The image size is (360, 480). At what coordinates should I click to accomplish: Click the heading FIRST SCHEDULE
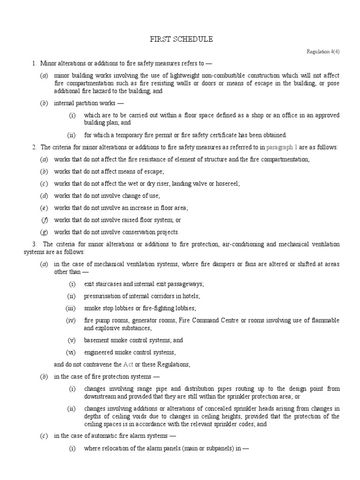point(180,39)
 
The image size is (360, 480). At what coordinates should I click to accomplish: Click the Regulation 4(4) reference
point(323,52)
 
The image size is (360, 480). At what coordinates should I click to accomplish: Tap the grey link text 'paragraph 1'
point(282,148)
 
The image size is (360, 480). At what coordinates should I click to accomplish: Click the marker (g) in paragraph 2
point(44,232)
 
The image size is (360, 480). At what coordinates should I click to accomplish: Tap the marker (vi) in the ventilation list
point(71,352)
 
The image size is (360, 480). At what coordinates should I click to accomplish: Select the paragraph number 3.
point(34,244)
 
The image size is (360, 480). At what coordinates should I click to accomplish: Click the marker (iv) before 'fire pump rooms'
point(71,320)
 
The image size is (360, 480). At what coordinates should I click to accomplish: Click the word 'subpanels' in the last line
point(202,448)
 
